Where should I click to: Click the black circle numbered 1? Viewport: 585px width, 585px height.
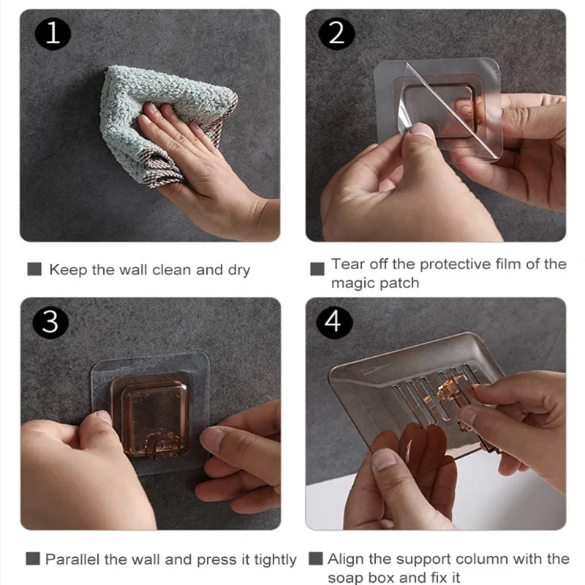click(53, 33)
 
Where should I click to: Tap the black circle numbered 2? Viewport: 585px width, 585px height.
click(336, 33)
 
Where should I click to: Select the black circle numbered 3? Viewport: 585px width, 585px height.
click(50, 322)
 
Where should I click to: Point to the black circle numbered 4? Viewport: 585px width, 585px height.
click(334, 322)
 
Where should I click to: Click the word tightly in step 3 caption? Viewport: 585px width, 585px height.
click(276, 560)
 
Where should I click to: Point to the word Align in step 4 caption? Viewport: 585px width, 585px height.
click(345, 559)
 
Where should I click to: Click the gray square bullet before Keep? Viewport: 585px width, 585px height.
click(34, 269)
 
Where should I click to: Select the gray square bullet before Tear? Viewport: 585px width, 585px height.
click(317, 269)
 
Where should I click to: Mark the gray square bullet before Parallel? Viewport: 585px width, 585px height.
click(33, 559)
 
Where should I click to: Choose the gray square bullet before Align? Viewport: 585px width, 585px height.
click(316, 559)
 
